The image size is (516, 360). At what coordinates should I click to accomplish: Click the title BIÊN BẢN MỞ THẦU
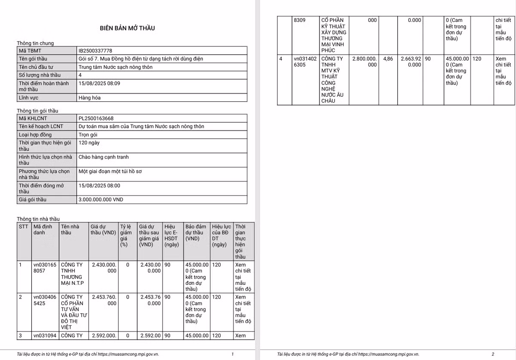pyautogui.click(x=127, y=28)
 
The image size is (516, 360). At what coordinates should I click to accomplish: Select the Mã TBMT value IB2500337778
pyautogui.click(x=95, y=51)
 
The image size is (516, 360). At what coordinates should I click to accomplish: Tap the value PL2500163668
pyautogui.click(x=96, y=118)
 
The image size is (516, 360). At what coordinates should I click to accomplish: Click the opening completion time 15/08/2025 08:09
pyautogui.click(x=99, y=83)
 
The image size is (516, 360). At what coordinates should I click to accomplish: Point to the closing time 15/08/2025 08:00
pyautogui.click(x=99, y=186)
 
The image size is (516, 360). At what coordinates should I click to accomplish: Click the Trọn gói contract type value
pyautogui.click(x=88, y=135)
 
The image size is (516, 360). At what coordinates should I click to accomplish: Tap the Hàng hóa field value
pyautogui.click(x=90, y=98)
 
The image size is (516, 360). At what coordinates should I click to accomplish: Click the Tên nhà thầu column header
pyautogui.click(x=70, y=229)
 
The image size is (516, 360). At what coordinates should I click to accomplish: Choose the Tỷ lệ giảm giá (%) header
pyautogui.click(x=125, y=235)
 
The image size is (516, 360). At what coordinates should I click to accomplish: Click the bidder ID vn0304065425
pyautogui.click(x=45, y=300)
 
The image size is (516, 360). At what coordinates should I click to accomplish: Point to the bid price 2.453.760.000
pyautogui.click(x=104, y=300)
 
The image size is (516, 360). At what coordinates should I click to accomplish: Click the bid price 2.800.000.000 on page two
pyautogui.click(x=364, y=61)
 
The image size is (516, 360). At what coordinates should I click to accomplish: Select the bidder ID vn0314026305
pyautogui.click(x=305, y=61)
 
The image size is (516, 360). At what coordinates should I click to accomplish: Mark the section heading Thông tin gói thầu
pyautogui.click(x=37, y=110)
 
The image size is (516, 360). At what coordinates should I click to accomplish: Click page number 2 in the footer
pyautogui.click(x=493, y=354)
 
